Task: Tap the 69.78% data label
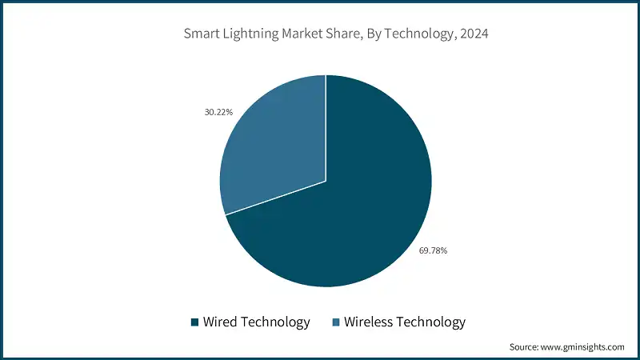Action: point(433,250)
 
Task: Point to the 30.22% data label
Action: point(218,112)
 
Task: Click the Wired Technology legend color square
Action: point(194,322)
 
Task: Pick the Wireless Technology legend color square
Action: point(337,322)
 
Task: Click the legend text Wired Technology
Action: point(256,322)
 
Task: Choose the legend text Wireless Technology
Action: point(404,322)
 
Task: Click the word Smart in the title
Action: point(202,34)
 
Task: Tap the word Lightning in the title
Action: point(254,34)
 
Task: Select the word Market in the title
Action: point(310,34)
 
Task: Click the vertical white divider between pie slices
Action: point(326,128)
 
